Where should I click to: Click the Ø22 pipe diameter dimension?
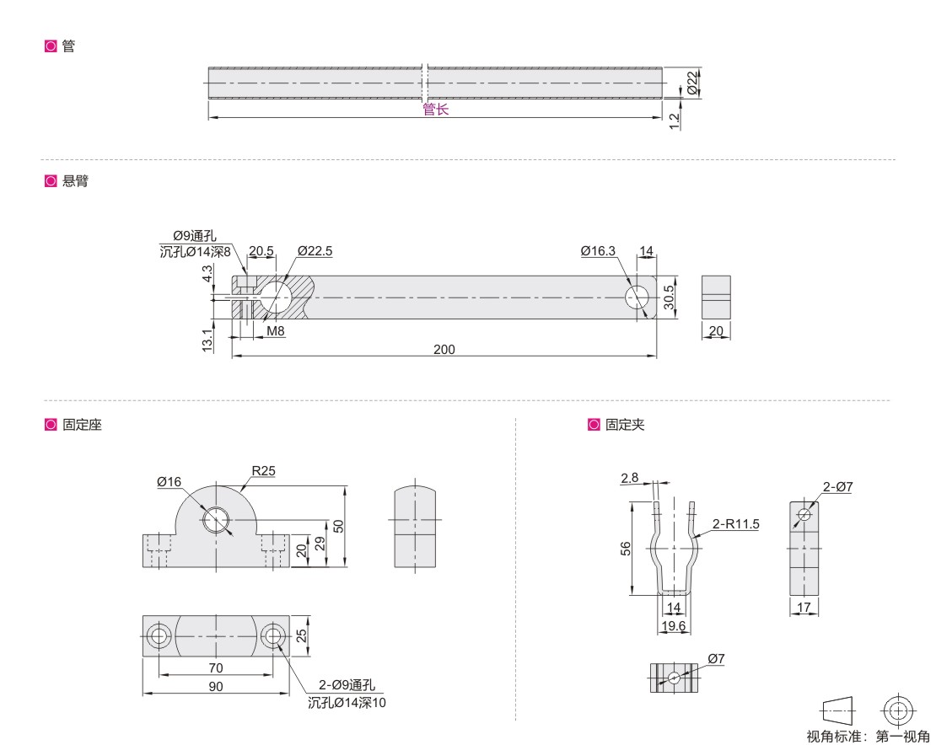pyautogui.click(x=692, y=83)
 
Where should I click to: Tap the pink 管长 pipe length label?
pyautogui.click(x=435, y=110)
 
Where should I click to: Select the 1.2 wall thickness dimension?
pyautogui.click(x=674, y=121)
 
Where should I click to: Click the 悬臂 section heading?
pyautogui.click(x=75, y=180)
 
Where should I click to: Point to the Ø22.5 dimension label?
pyautogui.click(x=315, y=251)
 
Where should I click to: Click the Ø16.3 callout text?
pyautogui.click(x=598, y=251)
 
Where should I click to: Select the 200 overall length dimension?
pyautogui.click(x=444, y=350)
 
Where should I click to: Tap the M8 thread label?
pyautogui.click(x=275, y=331)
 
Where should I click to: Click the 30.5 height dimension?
pyautogui.click(x=669, y=297)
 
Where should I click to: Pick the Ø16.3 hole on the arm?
pyautogui.click(x=637, y=297)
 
